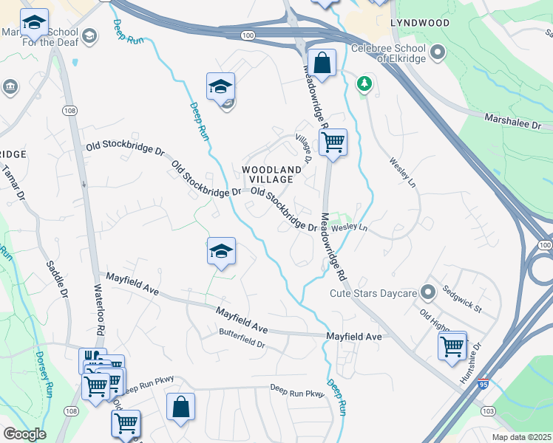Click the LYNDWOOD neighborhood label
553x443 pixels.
point(420,23)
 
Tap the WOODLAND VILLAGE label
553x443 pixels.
point(271,174)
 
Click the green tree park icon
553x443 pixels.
point(363,83)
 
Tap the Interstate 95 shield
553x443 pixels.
point(483,385)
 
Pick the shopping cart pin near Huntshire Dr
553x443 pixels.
point(452,345)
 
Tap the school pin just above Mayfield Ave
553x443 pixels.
point(221,252)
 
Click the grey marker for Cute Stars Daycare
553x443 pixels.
point(427,292)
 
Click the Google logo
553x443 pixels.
point(24,434)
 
